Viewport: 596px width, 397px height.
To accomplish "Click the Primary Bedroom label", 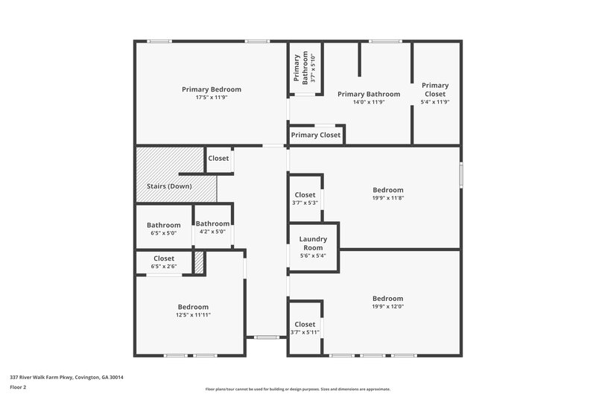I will coord(212,89).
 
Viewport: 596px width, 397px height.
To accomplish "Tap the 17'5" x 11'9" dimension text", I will coord(212,98).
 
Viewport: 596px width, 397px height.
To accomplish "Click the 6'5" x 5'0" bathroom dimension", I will coord(163,232).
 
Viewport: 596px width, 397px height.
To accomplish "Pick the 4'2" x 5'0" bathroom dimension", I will coord(212,231).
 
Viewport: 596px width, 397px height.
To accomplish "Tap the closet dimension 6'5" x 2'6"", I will coord(163,266).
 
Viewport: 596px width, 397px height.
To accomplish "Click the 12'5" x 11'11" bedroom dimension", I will coord(193,315).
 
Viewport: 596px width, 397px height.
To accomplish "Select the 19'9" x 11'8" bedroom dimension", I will coord(388,198).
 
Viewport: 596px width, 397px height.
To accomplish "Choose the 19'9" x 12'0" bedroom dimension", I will coord(388,306).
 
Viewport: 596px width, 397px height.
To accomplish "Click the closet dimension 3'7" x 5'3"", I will coord(305,203).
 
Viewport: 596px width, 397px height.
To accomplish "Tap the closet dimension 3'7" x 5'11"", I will coord(305,332).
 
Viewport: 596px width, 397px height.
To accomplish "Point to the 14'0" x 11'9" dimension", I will coord(368,102).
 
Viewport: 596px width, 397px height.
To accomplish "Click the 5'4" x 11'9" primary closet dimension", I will coord(435,101).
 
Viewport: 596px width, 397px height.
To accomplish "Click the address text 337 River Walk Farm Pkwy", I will coord(66,378).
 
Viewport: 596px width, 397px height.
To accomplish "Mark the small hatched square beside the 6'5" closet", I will coord(198,263).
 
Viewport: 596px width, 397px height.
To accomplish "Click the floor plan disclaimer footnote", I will coord(297,389).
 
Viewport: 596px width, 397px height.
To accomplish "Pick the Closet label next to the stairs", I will coord(218,158).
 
